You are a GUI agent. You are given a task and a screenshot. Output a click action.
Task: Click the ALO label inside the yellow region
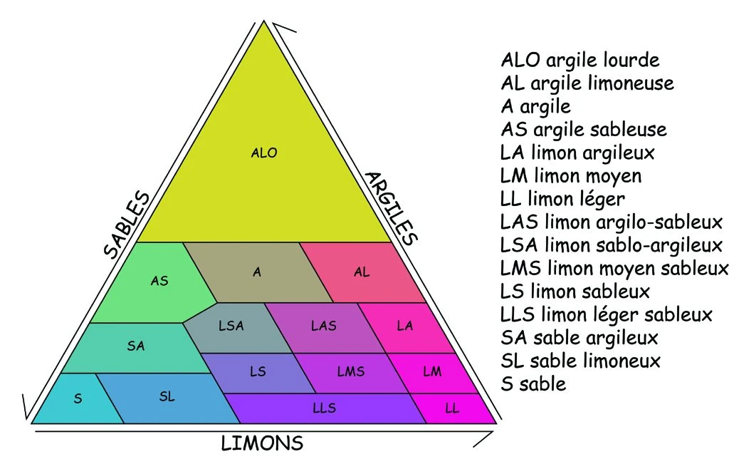[264, 153]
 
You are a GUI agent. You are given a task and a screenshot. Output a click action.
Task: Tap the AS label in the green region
[159, 281]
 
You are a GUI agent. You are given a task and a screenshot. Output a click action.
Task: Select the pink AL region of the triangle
[362, 272]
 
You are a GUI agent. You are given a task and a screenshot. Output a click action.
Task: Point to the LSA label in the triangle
[231, 326]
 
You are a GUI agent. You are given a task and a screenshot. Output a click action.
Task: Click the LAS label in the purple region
[324, 326]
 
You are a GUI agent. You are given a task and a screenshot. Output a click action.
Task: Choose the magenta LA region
[405, 326]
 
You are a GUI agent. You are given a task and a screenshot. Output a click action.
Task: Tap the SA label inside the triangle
[136, 346]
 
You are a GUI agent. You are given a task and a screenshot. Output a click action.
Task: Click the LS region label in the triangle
[258, 371]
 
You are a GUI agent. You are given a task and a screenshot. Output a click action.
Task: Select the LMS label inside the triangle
[350, 371]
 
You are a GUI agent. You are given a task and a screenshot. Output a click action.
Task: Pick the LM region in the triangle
[432, 371]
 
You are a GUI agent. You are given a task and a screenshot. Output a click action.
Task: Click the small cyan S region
[78, 399]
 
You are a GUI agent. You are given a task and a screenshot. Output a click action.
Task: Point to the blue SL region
[167, 397]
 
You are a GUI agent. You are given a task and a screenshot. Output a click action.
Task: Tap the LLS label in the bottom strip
[324, 408]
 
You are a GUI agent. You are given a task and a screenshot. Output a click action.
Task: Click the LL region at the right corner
[452, 408]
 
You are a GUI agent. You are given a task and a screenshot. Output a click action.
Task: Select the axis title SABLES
[127, 225]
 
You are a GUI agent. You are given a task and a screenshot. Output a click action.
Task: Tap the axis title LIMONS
[262, 443]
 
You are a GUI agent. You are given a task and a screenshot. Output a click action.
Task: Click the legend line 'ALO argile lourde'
[580, 59]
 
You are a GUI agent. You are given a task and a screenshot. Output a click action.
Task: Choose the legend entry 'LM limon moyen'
[571, 175]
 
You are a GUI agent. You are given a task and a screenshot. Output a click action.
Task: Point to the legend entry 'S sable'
[533, 383]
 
